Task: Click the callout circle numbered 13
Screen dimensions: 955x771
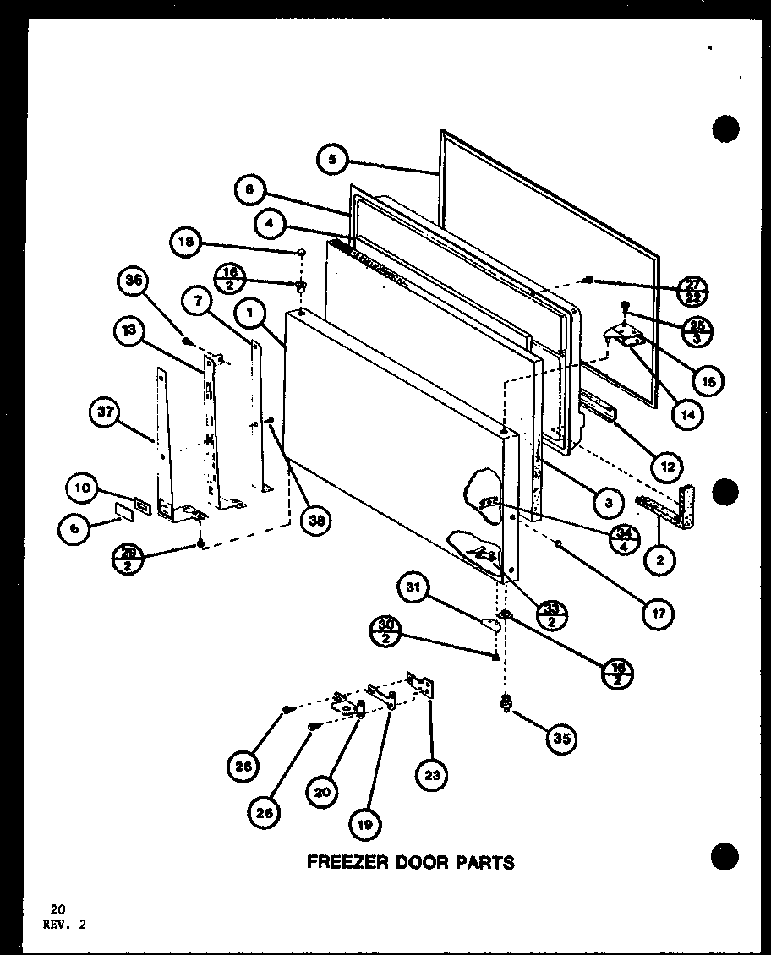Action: point(128,331)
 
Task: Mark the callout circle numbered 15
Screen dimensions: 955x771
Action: point(707,382)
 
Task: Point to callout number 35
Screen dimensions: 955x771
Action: point(560,739)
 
